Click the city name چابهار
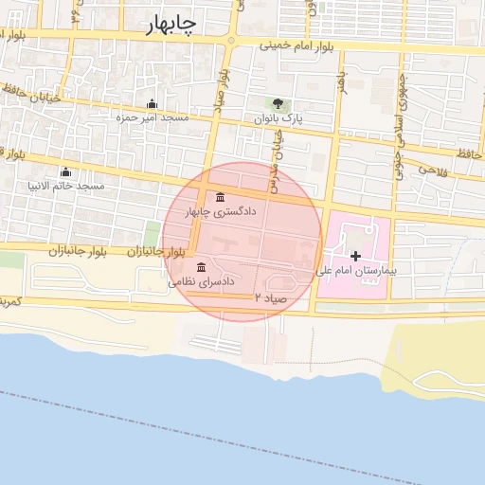tap(171, 26)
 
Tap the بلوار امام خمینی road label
tap(294, 45)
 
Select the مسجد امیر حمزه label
tap(153, 117)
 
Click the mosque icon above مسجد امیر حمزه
tap(152, 104)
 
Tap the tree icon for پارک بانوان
tap(278, 104)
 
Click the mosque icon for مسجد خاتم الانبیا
tap(65, 171)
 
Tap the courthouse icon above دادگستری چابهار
tap(221, 197)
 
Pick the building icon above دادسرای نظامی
tap(201, 267)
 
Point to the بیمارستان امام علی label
tap(356, 271)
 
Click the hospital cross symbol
tap(355, 256)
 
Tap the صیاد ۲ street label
tap(270, 297)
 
